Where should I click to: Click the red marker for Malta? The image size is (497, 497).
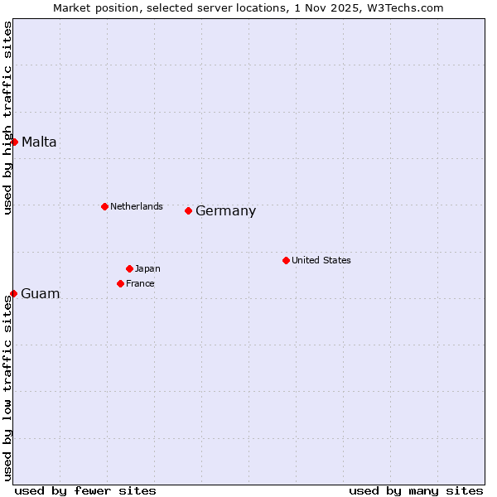pos(14,142)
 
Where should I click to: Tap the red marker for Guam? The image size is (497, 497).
pos(13,293)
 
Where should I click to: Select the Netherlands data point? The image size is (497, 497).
pos(104,206)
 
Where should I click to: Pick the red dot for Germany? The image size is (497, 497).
pos(188,210)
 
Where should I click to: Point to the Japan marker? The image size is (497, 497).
pos(129,268)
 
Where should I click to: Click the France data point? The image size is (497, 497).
pos(120,283)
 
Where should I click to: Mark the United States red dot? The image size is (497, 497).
pos(286,260)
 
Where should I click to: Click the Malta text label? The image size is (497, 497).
pos(39,142)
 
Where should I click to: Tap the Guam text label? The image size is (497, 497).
pos(40,294)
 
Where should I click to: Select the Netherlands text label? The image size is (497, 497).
pos(137,206)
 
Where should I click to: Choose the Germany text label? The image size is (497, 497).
pos(225,211)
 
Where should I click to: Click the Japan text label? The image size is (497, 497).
pos(147,268)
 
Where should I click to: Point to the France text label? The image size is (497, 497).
pos(140,283)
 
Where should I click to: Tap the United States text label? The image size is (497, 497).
pos(321,260)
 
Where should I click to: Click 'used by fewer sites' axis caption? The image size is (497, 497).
pos(85,490)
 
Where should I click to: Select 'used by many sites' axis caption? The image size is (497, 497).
pos(416,490)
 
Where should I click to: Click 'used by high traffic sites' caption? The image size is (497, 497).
pos(7,118)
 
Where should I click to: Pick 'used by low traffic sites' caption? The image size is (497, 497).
pos(7,388)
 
